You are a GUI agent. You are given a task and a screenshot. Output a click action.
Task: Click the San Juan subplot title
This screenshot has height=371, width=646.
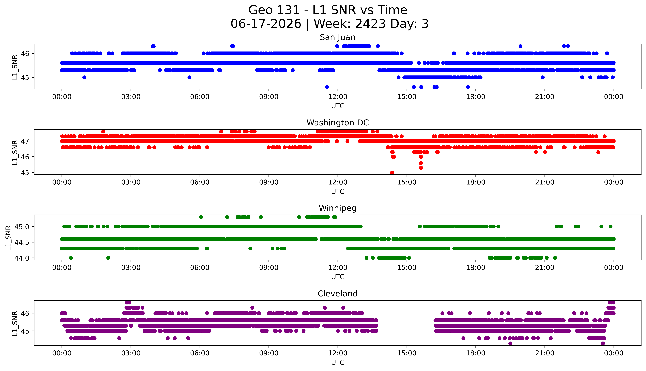[338, 37]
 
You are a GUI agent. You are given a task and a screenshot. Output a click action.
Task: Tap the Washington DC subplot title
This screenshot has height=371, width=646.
[338, 123]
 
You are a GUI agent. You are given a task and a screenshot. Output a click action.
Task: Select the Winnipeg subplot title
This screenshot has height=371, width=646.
[338, 208]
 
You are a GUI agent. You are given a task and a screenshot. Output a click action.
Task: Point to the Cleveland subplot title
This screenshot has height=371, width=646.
[338, 294]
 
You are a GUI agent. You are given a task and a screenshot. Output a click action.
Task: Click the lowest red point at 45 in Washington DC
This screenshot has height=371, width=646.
[392, 172]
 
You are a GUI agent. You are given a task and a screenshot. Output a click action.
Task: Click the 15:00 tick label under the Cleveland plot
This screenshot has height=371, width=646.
[407, 353]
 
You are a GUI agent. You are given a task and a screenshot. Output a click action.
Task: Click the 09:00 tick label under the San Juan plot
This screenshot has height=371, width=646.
[269, 97]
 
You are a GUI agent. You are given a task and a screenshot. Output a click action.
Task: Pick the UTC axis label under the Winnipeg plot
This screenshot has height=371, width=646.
[338, 277]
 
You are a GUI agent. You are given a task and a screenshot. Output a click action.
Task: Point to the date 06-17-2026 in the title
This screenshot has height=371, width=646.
[266, 24]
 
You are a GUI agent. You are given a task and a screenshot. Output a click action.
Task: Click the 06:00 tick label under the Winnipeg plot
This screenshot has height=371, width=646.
[200, 268]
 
